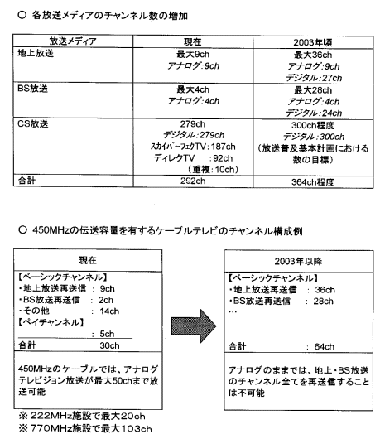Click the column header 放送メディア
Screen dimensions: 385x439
coord(73,41)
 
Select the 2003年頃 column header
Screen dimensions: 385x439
coord(313,42)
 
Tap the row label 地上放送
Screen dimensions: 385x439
coord(36,53)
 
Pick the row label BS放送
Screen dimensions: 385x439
coord(33,89)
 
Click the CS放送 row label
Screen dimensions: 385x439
coord(33,123)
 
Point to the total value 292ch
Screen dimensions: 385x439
coord(193,181)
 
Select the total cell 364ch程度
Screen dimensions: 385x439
coord(313,182)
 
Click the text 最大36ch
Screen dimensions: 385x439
coord(313,55)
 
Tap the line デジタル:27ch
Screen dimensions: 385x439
coord(314,78)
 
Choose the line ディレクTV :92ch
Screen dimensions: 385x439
coord(193,158)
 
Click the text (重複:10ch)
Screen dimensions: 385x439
coord(214,169)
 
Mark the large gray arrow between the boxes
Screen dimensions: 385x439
coord(194,326)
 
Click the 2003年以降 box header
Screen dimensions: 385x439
coord(298,261)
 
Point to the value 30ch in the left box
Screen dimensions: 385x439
coord(109,345)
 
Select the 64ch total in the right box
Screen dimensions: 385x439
coord(324,346)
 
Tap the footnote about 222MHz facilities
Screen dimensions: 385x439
coord(82,416)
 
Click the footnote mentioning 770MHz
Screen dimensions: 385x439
coord(85,428)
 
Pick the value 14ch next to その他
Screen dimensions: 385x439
coord(109,311)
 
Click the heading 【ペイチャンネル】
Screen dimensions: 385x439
coord(51,322)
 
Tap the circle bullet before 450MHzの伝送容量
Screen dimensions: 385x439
coord(22,230)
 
